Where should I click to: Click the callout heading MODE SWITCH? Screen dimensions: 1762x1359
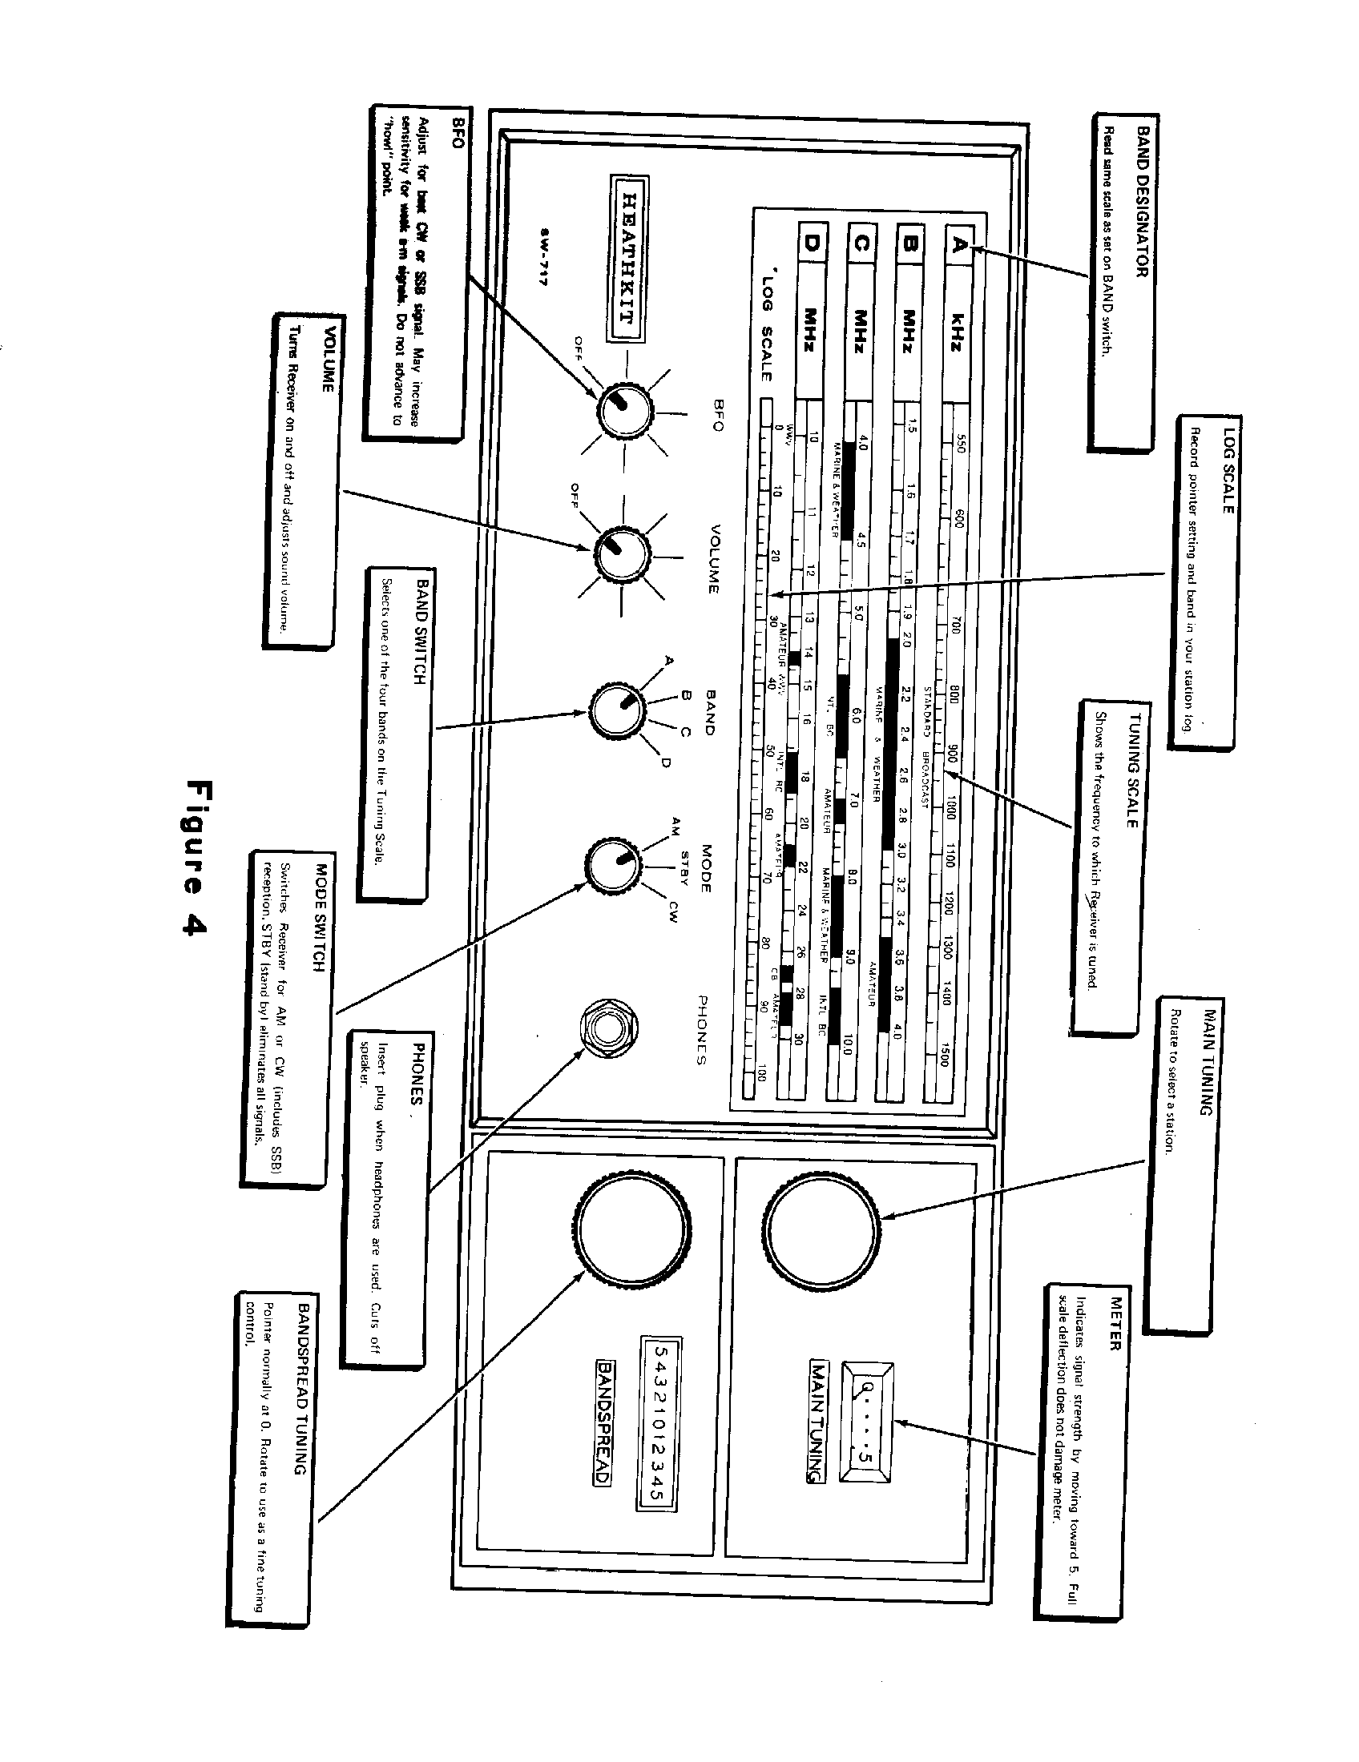pyautogui.click(x=321, y=918)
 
